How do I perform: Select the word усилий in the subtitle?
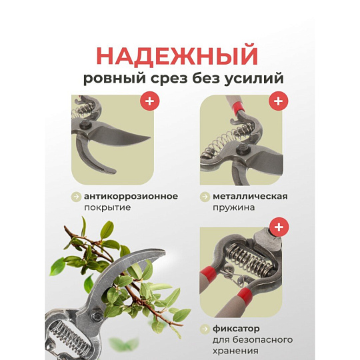[257, 79]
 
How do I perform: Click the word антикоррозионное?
[131, 196]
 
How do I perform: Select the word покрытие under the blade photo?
[107, 207]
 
